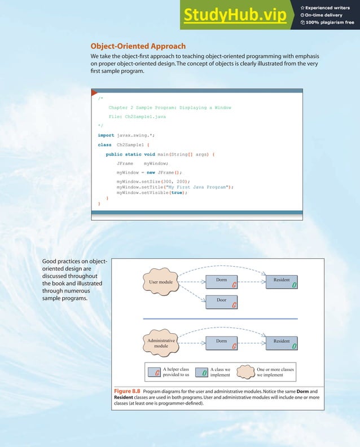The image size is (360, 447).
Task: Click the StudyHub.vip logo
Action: (234, 17)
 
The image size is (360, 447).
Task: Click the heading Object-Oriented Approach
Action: (138, 46)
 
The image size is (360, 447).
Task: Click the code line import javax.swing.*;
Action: (127, 135)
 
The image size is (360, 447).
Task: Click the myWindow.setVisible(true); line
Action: (152, 192)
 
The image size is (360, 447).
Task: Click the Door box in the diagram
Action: (221, 303)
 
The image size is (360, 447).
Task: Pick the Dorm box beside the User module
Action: (221, 281)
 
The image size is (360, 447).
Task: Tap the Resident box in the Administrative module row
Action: (282, 343)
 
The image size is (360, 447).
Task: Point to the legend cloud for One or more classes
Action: (244, 372)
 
